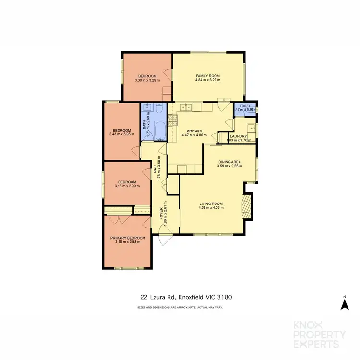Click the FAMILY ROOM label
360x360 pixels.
coord(208,76)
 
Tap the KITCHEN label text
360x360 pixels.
coord(194,131)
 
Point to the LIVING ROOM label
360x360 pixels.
coord(211,204)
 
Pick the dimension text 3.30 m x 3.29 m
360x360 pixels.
coord(147,80)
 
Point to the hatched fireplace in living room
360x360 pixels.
coord(247,205)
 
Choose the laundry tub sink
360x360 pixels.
coord(250,129)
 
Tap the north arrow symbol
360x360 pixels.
coord(344,303)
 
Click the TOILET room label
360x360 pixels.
coord(245,105)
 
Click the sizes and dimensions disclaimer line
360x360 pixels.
coord(180,307)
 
